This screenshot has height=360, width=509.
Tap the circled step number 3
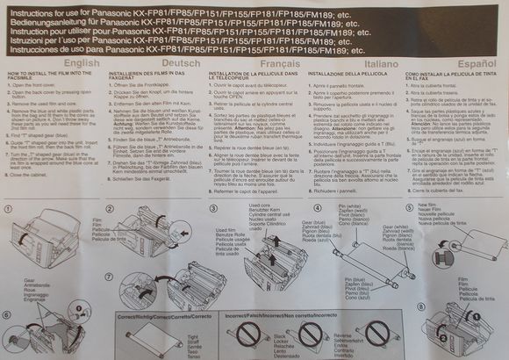pos(213,207)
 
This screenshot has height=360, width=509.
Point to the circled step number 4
pos(317,207)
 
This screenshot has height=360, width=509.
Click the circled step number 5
pos(412,207)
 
